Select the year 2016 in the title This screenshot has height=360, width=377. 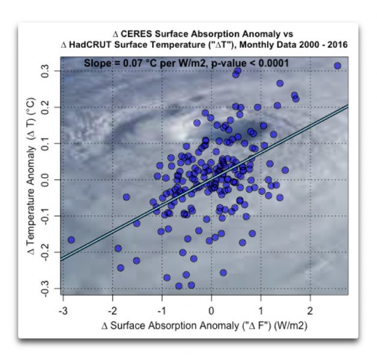pyautogui.click(x=335, y=45)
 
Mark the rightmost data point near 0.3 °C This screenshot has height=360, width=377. pyautogui.click(x=337, y=66)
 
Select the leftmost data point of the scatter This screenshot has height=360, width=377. pyautogui.click(x=71, y=240)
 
